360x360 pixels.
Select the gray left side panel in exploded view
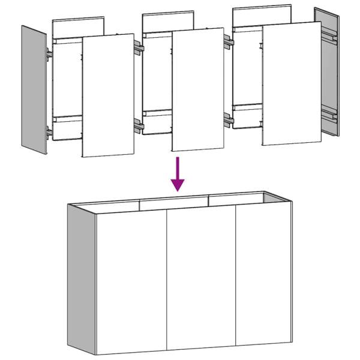point(34,90)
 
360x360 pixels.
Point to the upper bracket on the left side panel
point(47,54)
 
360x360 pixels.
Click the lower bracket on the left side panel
point(48,130)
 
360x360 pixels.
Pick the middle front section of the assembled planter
point(201,279)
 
